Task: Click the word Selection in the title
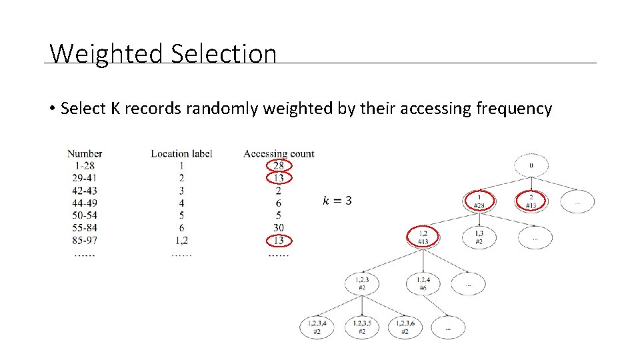[223, 53]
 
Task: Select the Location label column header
[181, 153]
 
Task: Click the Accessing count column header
[279, 153]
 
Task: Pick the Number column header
[85, 153]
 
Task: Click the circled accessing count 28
[279, 165]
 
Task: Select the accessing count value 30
[279, 228]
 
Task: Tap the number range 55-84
[85, 228]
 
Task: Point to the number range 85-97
[85, 240]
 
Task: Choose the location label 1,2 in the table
[181, 240]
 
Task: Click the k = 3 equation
[337, 201]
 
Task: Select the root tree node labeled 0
[531, 165]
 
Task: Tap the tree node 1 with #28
[479, 201]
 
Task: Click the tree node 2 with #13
[531, 201]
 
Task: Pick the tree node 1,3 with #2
[479, 237]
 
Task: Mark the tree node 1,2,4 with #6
[423, 283]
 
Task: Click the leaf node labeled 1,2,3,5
[361, 327]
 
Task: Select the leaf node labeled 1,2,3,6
[405, 327]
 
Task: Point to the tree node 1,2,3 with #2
[361, 283]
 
